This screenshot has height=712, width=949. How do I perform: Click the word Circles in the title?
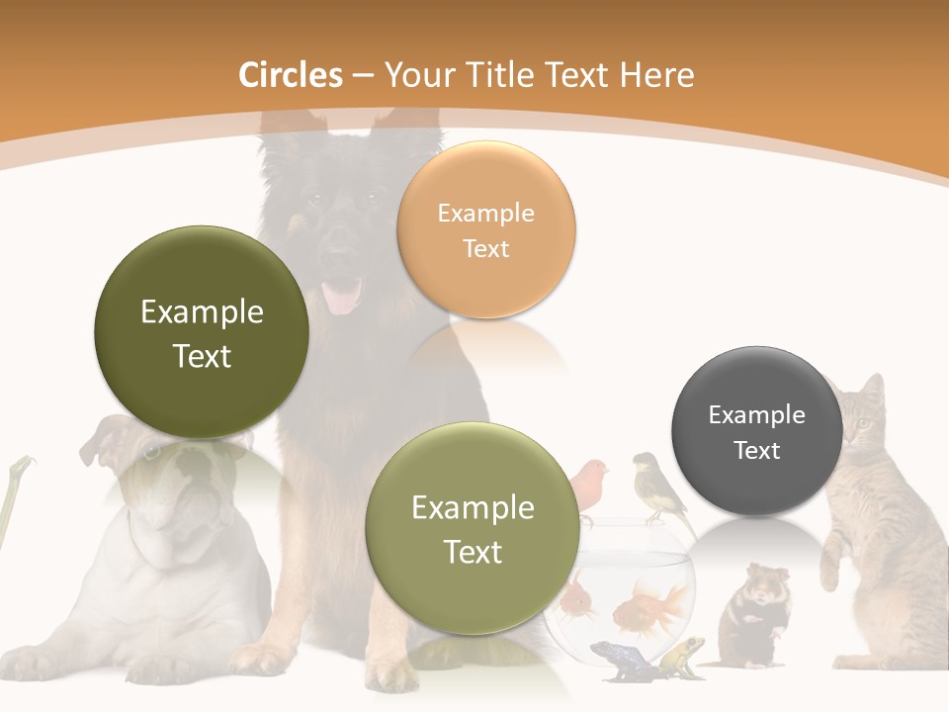point(291,75)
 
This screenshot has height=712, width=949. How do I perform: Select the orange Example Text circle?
point(485,229)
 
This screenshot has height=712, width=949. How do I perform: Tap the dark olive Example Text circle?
point(202,332)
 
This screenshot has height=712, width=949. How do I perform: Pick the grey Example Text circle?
point(756,431)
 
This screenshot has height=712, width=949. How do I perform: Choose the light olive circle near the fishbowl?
point(473,529)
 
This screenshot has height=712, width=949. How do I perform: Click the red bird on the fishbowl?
point(591,478)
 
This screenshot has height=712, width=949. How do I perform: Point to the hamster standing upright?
point(753,607)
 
